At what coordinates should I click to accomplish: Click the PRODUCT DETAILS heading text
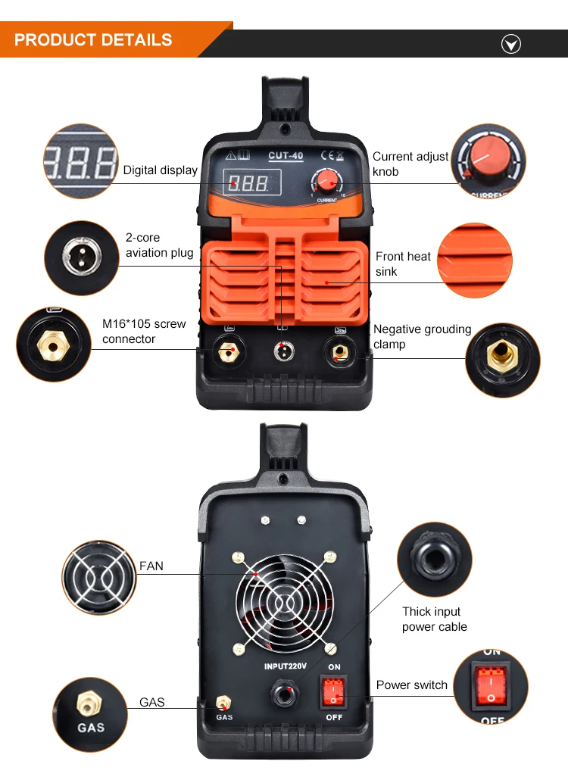click(x=93, y=40)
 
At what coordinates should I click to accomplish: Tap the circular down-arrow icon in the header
click(x=510, y=45)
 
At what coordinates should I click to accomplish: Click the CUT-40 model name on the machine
click(x=286, y=155)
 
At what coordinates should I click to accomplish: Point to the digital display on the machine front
click(x=251, y=182)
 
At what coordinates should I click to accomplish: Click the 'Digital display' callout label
click(x=161, y=170)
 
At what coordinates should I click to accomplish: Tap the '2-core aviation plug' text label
click(x=159, y=245)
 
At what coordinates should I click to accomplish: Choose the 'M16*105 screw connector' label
click(x=144, y=331)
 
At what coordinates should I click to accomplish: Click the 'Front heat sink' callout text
click(x=403, y=264)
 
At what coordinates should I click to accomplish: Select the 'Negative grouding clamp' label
click(x=422, y=336)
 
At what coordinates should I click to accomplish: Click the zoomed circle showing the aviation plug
click(x=82, y=257)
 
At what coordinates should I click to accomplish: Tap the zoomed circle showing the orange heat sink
click(x=475, y=260)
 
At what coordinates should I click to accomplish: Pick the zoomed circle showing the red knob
click(x=488, y=161)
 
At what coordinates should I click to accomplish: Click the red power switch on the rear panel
click(x=333, y=691)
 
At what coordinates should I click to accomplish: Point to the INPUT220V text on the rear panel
click(x=285, y=666)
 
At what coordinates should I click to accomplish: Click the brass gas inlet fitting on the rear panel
click(x=223, y=703)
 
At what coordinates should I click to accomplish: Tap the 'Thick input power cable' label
click(x=434, y=619)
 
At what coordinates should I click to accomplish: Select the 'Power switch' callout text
click(x=412, y=685)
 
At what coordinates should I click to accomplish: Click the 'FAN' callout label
click(x=151, y=566)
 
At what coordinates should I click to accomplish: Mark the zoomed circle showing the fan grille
click(x=99, y=577)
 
